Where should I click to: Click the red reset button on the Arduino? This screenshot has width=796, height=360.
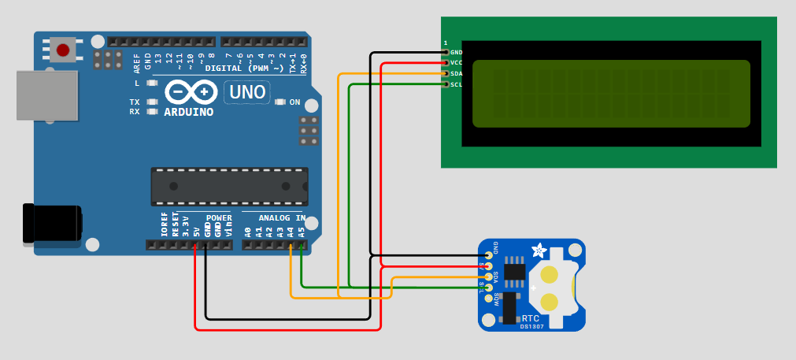(63, 50)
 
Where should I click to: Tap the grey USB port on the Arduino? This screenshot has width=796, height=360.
(47, 95)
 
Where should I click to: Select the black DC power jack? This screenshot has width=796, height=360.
(52, 223)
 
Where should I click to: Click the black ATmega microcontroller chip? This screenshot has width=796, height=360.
(228, 186)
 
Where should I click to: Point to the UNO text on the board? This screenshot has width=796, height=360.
(247, 92)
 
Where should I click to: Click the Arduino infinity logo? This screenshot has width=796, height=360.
(191, 93)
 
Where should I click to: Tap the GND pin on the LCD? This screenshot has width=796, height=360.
(446, 53)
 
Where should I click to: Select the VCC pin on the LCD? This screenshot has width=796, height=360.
(446, 63)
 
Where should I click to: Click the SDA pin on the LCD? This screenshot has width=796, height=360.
(446, 73)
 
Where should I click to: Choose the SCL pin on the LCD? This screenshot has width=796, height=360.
(446, 84)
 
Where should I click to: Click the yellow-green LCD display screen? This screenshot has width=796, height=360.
(611, 93)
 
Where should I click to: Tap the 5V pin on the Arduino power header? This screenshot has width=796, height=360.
(195, 245)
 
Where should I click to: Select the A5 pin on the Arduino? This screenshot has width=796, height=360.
(302, 245)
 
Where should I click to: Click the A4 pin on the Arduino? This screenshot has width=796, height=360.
(291, 245)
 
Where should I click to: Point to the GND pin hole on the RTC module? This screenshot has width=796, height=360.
(489, 255)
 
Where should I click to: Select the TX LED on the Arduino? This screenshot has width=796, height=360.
(150, 102)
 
